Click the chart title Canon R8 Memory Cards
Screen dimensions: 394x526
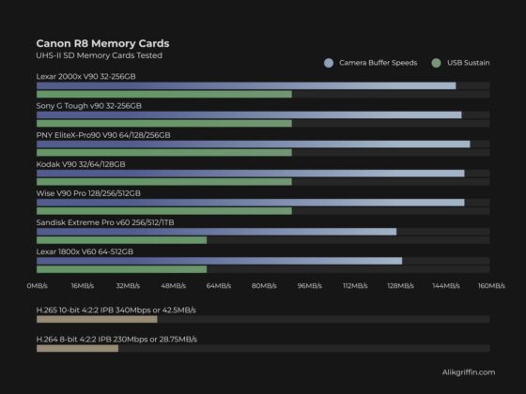coord(102,43)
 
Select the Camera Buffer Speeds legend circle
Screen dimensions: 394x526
coord(328,63)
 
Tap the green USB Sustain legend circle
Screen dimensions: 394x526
coord(437,63)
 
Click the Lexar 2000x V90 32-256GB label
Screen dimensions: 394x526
coord(85,75)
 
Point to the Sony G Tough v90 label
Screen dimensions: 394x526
coord(88,105)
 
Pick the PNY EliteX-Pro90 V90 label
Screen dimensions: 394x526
coord(103,135)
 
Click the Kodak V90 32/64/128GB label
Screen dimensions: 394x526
coord(80,164)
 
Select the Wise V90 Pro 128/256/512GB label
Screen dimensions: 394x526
coord(88,193)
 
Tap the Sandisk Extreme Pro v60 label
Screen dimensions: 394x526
coord(104,222)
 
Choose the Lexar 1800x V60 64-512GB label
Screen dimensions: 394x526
coord(85,251)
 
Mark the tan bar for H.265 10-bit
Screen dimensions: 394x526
coord(96,319)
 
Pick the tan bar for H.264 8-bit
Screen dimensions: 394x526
coord(77,348)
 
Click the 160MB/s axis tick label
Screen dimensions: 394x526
coord(491,285)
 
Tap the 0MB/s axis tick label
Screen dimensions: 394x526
coord(37,285)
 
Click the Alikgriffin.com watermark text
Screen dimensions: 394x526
coord(468,372)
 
